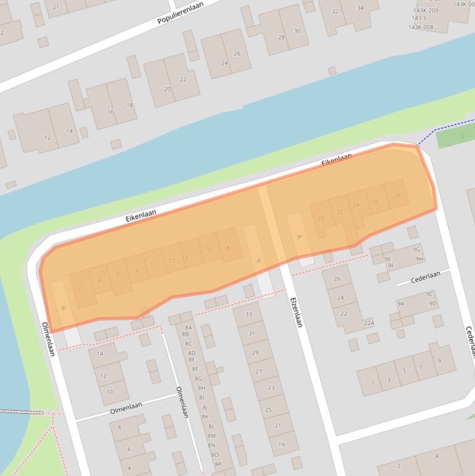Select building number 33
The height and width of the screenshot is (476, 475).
tap(249, 315)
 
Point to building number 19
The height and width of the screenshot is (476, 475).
tap(281, 444)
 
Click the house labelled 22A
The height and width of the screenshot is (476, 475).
tap(369, 323)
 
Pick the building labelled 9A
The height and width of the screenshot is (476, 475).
tap(400, 304)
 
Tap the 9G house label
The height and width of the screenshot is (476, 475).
tap(416, 249)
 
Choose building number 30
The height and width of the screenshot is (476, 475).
tap(297, 31)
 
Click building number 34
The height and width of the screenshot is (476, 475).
tap(360, 8)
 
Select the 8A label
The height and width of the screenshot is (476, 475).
tap(188, 328)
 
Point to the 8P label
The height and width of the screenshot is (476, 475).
tap(216, 463)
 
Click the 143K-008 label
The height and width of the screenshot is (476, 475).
tap(421, 27)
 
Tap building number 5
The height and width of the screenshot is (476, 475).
tap(405, 371)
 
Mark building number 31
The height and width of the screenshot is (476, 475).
tap(252, 334)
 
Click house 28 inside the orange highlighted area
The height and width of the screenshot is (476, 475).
tap(397, 196)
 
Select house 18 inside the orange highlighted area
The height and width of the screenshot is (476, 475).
tap(226, 248)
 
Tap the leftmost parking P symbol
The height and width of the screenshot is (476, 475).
tap(63, 308)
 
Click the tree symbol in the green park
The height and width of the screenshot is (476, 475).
tap(463, 135)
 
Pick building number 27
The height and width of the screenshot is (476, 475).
tap(259, 372)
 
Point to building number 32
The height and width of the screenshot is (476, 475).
tap(335, 12)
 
